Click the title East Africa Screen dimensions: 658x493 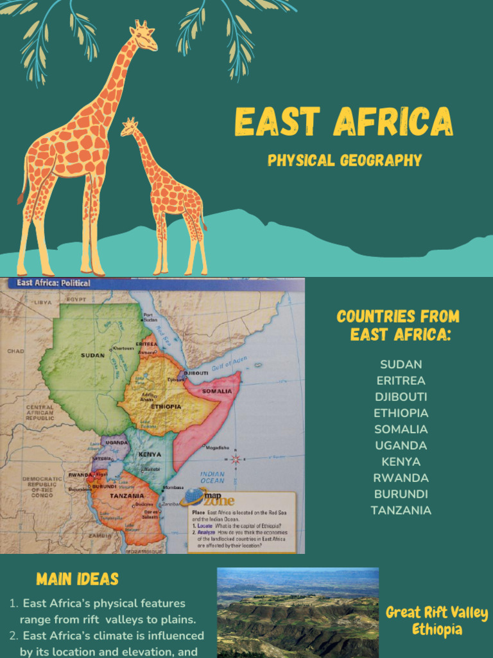343,121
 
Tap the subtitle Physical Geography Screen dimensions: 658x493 345,160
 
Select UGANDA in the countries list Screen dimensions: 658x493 401,445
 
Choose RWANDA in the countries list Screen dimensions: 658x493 401,478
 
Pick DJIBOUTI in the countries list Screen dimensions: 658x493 401,397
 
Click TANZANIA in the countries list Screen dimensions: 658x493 401,510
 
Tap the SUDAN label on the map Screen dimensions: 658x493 93,355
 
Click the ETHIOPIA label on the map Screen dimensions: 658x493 166,407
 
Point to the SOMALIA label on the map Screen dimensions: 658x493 217,391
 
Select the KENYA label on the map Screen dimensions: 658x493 150,454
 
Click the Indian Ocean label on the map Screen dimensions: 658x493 212,477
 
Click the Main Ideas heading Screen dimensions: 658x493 78,579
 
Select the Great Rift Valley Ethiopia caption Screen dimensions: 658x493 437,621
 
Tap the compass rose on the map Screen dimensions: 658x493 236,459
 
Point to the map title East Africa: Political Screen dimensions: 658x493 54,283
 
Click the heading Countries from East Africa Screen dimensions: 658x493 398,325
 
